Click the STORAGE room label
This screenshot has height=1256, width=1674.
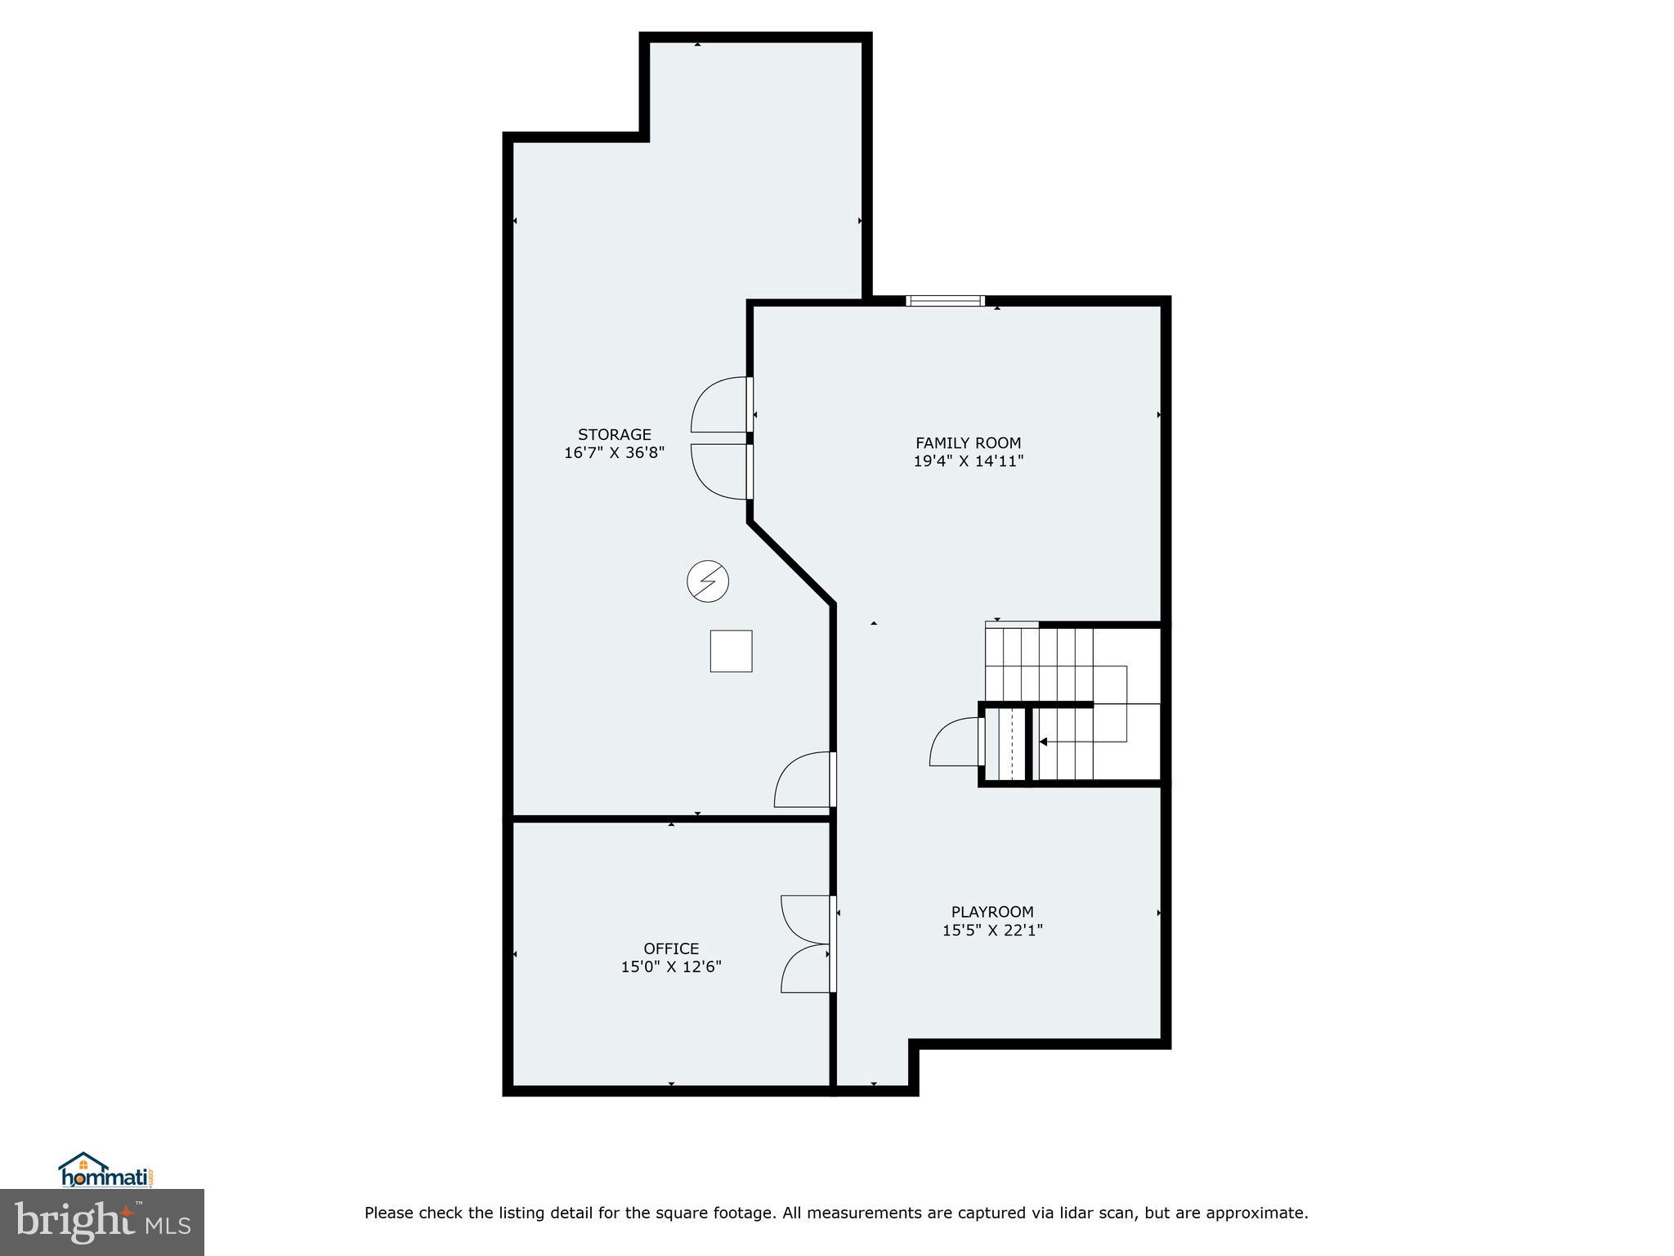[614, 434]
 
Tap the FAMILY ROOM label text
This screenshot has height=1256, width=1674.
[968, 443]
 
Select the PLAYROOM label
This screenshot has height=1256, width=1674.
[991, 912]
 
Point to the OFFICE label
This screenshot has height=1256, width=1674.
[671, 949]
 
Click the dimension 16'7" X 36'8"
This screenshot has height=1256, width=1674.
[614, 452]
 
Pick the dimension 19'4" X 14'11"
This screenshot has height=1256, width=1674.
[968, 461]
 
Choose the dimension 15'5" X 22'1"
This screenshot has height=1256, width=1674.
[991, 930]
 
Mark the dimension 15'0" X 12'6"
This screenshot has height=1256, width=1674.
[671, 967]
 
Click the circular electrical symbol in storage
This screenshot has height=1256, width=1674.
[707, 581]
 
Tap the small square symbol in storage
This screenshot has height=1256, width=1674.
[731, 651]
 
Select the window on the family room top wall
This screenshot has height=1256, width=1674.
[945, 301]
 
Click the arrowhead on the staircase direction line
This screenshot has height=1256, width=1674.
[1043, 742]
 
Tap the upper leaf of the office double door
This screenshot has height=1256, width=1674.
[806, 919]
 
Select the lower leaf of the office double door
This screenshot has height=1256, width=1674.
[806, 970]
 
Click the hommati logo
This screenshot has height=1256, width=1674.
[106, 1171]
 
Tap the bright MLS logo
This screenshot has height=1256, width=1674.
[101, 1222]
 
